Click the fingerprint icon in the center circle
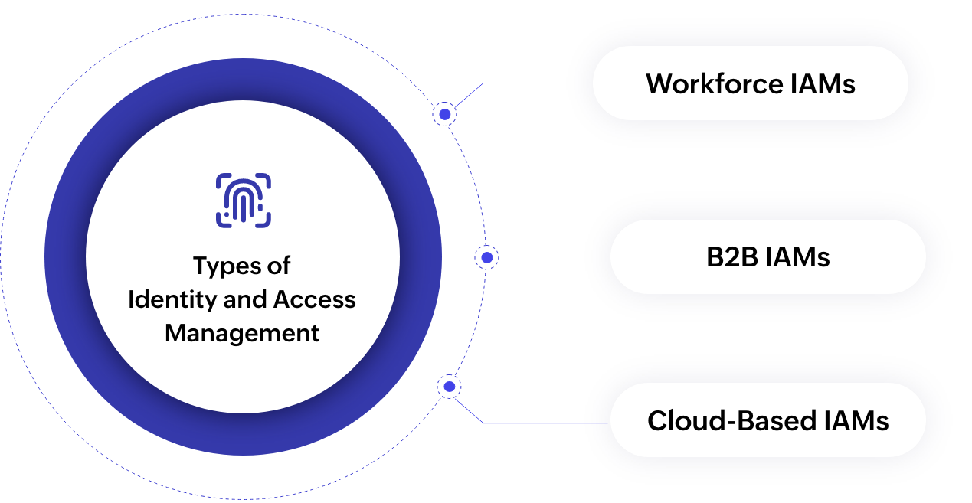tap(243, 201)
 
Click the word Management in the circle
tap(242, 334)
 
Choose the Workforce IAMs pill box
tap(750, 83)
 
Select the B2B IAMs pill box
tap(767, 257)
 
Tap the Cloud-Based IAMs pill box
tap(767, 420)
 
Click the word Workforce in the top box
tap(705, 83)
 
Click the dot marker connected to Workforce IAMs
tap(444, 114)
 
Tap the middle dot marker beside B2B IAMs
tap(486, 257)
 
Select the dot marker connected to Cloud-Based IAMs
tap(449, 387)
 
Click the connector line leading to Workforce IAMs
tap(536, 83)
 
